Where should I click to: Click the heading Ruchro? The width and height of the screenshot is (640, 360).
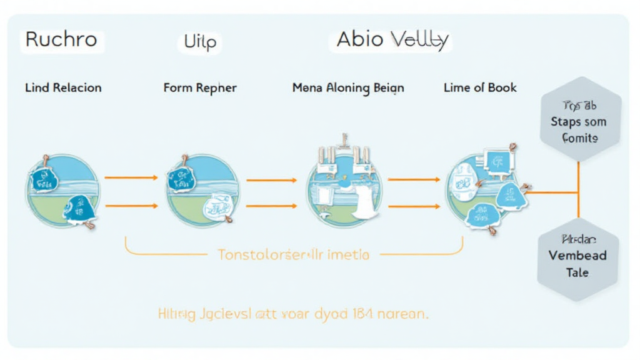[61, 40]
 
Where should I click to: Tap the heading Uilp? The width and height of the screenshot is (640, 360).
[199, 42]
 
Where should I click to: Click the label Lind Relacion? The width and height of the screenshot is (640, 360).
[63, 87]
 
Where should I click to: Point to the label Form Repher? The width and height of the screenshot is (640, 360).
[200, 87]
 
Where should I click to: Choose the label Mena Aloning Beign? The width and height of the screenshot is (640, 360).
[348, 87]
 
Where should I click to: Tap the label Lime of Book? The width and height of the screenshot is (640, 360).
[480, 87]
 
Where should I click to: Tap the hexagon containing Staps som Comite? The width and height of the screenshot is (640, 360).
[580, 121]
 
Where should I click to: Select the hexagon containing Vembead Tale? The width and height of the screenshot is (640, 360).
[577, 256]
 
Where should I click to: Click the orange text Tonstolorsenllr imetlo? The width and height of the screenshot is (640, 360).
[293, 254]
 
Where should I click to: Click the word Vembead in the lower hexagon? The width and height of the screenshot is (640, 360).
[577, 256]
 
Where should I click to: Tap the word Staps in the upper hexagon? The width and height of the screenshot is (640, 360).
[565, 122]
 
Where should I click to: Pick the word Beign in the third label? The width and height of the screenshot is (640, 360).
[388, 87]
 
